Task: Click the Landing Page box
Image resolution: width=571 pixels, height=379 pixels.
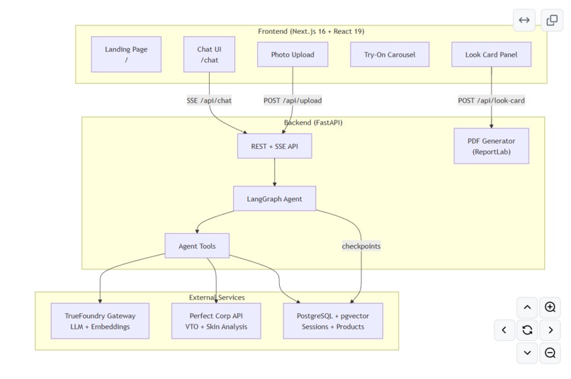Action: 126,55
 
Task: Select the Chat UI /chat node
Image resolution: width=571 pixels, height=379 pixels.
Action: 209,55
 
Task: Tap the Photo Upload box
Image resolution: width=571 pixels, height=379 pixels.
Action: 293,55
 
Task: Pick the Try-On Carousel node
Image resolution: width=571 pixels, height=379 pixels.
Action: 390,55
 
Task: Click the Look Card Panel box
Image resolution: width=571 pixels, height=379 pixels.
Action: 491,55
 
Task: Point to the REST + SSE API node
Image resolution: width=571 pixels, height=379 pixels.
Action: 275,146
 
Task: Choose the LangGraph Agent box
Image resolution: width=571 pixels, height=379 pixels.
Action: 275,199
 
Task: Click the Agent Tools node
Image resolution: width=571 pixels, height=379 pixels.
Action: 197,246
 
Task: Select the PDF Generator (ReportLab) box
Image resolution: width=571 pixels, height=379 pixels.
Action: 491,146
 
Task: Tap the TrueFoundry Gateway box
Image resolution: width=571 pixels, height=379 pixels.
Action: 100,321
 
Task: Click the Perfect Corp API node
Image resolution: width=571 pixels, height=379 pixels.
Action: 216,321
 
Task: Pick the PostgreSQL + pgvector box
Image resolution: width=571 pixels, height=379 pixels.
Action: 333,321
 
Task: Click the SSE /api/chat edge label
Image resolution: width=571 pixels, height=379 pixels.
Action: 209,101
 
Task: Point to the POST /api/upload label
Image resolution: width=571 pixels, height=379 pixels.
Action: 293,101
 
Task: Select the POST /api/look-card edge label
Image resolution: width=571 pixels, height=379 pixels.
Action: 491,101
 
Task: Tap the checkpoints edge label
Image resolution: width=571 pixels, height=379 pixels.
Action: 361,246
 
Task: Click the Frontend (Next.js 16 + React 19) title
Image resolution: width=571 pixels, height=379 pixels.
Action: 311,31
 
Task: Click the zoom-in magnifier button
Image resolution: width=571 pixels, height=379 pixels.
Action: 550,307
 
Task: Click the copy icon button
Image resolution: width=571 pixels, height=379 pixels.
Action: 552,20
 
